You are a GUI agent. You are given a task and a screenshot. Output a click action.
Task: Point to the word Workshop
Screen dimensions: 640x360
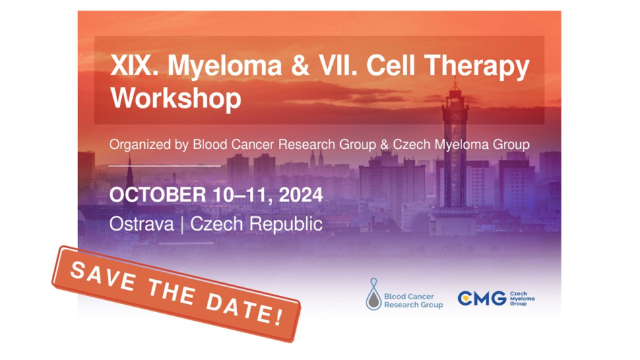(x=176, y=99)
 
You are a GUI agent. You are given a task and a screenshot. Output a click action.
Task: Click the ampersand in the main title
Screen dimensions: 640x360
(x=300, y=66)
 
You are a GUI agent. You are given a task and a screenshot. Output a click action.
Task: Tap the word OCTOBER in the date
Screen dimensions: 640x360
(x=158, y=195)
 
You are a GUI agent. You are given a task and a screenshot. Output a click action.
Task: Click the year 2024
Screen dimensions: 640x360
(x=301, y=195)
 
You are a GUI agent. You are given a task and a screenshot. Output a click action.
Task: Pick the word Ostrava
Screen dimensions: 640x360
(x=141, y=224)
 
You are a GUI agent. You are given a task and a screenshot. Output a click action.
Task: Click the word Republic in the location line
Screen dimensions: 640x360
(x=286, y=224)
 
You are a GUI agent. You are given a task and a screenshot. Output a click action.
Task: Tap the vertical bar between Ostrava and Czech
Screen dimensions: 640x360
(x=182, y=224)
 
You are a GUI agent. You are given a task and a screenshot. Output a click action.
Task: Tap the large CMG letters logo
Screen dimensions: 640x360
(x=482, y=298)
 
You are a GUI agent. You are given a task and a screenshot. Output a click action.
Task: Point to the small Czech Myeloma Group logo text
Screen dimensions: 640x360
(x=522, y=299)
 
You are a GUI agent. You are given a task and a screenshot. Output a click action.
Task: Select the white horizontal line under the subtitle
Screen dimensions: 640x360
(x=164, y=166)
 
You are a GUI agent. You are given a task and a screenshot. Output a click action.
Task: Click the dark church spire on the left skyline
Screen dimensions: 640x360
(x=130, y=172)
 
